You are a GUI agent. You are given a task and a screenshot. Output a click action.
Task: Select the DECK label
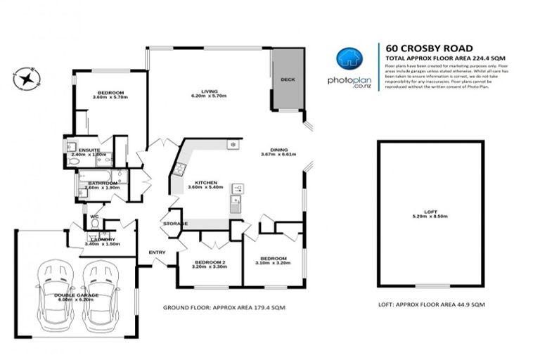point(288,79)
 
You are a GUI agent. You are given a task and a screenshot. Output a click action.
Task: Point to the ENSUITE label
point(89,150)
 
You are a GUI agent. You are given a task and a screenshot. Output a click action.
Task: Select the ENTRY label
point(156,252)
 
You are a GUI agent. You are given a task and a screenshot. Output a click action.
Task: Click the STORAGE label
point(175,224)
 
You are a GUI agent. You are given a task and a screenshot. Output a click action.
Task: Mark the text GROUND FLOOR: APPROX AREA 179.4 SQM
point(224,307)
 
